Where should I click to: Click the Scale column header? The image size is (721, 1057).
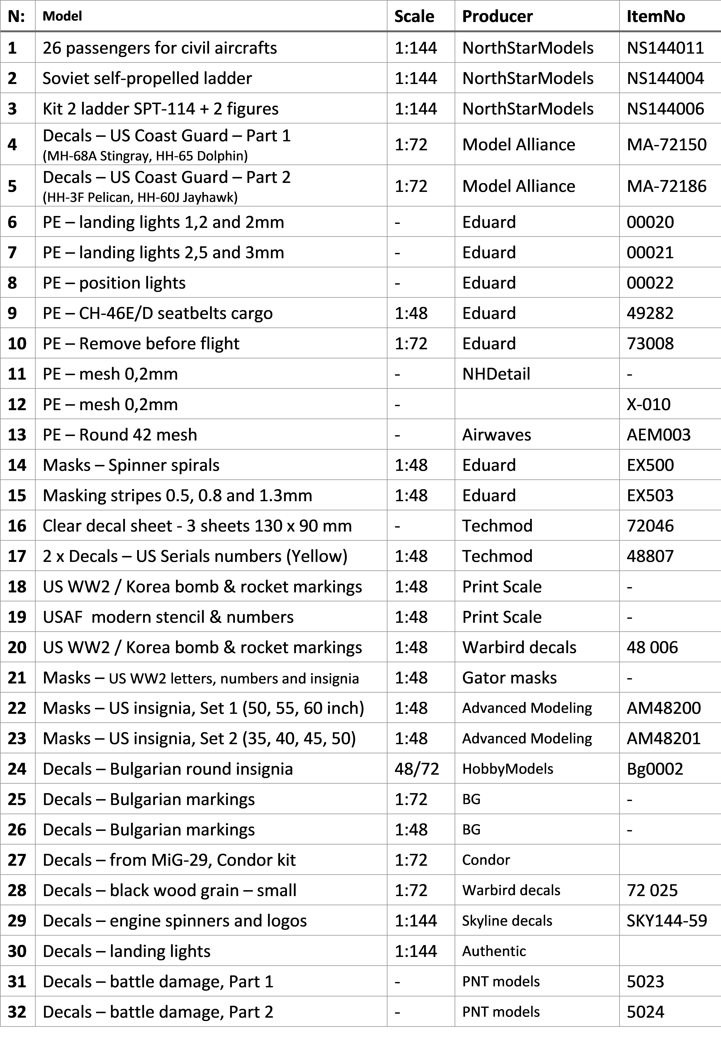tap(414, 16)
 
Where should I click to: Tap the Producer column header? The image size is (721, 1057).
tap(497, 16)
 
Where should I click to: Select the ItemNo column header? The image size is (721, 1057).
tap(655, 16)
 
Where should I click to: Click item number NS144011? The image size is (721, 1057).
tap(665, 48)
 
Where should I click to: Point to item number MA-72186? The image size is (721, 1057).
tap(666, 186)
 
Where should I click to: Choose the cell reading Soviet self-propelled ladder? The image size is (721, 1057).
tap(147, 78)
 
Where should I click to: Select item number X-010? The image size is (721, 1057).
tap(648, 404)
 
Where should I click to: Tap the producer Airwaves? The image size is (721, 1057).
tap(496, 435)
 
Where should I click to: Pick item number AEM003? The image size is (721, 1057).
tap(658, 435)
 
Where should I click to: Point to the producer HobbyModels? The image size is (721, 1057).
tap(508, 769)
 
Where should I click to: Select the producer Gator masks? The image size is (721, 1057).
tap(509, 678)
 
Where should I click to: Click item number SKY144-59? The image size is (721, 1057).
tap(666, 920)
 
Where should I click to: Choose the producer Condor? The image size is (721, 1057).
tap(486, 860)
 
